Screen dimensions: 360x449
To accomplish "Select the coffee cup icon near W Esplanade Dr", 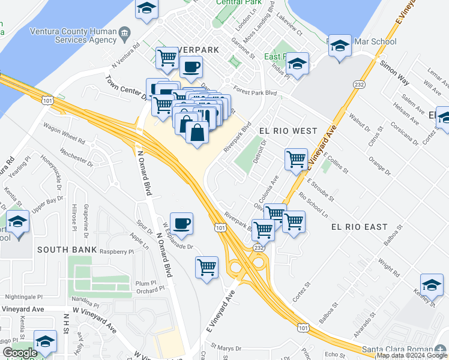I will pos(181,224).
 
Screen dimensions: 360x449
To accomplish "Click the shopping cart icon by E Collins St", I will pos(296,160).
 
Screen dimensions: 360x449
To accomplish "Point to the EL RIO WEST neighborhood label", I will pos(288,130).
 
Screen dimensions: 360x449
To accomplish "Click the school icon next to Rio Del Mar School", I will pos(340,47).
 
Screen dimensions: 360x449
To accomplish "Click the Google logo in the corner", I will pos(20,353).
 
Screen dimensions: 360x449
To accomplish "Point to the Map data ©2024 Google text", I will pos(411,355).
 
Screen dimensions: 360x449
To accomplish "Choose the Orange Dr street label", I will pos(379,167).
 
